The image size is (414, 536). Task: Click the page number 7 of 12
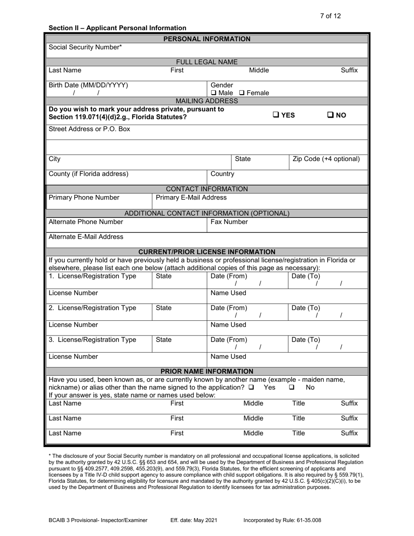[x=330, y=16]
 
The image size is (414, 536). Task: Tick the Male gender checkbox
[x=214, y=93]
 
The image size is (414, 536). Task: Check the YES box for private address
[x=276, y=115]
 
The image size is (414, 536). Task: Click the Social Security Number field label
[x=85, y=47]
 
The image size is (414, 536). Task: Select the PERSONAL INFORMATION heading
[x=207, y=39]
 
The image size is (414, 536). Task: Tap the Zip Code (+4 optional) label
[x=326, y=159]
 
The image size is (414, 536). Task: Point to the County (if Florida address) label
[x=89, y=174]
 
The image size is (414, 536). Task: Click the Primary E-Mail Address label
[x=191, y=197]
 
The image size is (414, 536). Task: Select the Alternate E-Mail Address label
[x=86, y=237]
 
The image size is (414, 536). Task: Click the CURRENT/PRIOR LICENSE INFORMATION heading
[x=207, y=251]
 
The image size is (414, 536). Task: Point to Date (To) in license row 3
[x=305, y=339]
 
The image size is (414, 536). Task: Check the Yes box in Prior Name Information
[x=251, y=387]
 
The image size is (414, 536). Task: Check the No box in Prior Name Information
[x=292, y=387]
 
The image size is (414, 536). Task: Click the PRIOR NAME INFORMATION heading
[x=207, y=371]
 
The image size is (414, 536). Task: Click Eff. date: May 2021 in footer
[x=193, y=520]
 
